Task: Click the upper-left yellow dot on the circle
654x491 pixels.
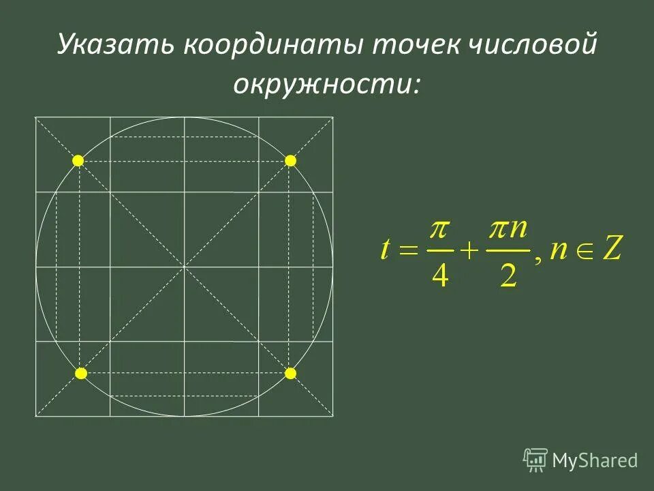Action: click(x=78, y=160)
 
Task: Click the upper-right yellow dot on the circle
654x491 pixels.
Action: click(x=291, y=160)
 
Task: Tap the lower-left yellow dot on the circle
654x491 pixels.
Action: click(x=80, y=373)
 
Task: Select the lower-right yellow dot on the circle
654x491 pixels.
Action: click(x=291, y=373)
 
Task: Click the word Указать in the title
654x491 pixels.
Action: click(x=113, y=46)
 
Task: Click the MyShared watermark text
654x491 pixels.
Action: click(x=595, y=461)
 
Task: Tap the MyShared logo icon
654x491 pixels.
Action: click(x=535, y=460)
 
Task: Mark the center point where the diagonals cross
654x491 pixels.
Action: click(x=184, y=267)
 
